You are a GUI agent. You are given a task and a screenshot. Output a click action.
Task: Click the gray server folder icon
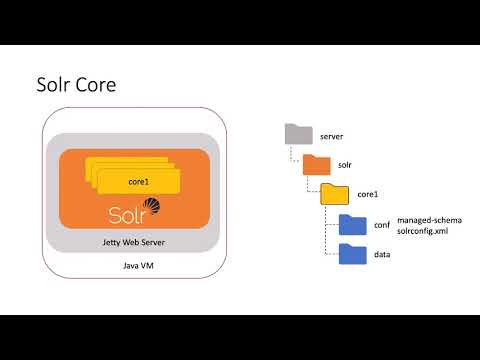[x=297, y=134]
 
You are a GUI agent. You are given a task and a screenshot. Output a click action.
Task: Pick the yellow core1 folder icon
[x=333, y=194]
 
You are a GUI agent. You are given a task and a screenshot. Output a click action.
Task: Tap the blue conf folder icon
[x=352, y=225]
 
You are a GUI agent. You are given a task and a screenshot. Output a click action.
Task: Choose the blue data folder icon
[x=352, y=255]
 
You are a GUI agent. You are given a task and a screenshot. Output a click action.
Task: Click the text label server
[x=332, y=135]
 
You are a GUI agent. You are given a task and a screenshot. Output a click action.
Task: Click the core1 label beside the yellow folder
[x=367, y=195]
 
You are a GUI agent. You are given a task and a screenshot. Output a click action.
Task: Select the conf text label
[x=382, y=225]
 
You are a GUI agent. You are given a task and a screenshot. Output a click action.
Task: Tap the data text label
[x=382, y=256]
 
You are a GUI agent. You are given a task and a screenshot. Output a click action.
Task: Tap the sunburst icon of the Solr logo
[x=153, y=207]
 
